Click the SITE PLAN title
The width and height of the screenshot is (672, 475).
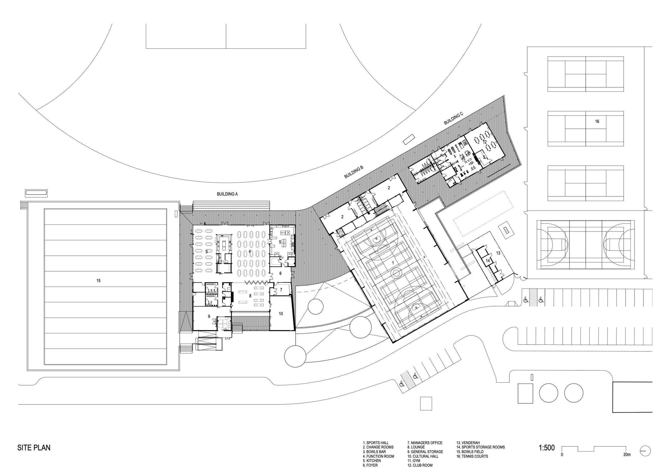pyautogui.click(x=34, y=448)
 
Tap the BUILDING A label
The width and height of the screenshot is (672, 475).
pyautogui.click(x=227, y=194)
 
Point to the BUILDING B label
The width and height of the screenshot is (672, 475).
pyautogui.click(x=354, y=172)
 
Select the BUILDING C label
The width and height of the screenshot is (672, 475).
pyautogui.click(x=453, y=118)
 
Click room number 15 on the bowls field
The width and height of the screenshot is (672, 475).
pyautogui.click(x=98, y=281)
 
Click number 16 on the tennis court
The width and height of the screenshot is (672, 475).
pyautogui.click(x=597, y=121)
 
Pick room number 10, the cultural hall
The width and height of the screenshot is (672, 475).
pyautogui.click(x=281, y=314)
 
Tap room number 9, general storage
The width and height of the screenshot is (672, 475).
pyautogui.click(x=209, y=316)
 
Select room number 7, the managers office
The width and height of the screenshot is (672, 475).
pyautogui.click(x=281, y=290)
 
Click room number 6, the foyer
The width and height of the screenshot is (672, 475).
pyautogui.click(x=280, y=273)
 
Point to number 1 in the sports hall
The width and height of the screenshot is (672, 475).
pyautogui.click(x=393, y=263)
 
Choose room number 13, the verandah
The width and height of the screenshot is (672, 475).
pyautogui.click(x=498, y=253)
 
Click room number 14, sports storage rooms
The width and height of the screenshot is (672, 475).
pyautogui.click(x=488, y=260)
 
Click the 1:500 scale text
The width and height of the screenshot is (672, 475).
pyautogui.click(x=547, y=448)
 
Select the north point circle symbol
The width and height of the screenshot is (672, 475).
pyautogui.click(x=645, y=451)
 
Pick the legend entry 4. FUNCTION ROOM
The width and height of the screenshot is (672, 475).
pyautogui.click(x=379, y=456)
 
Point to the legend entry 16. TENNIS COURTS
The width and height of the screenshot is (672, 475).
pyautogui.click(x=472, y=456)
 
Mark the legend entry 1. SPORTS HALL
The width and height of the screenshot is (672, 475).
pyautogui.click(x=376, y=443)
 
